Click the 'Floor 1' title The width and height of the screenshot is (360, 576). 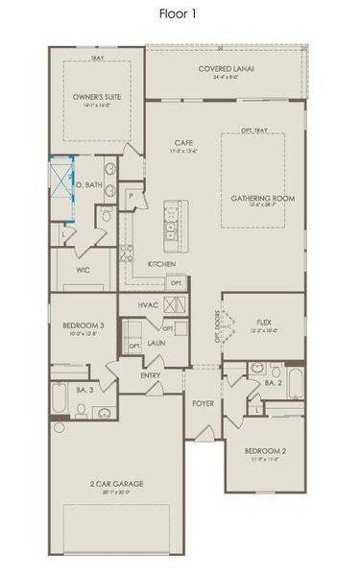click(180, 13)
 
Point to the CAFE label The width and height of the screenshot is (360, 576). click(184, 143)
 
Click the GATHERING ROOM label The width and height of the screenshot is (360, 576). click(261, 198)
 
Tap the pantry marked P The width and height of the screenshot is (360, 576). click(131, 196)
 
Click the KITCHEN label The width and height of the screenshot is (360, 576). click(159, 263)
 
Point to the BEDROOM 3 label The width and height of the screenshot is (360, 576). click(83, 326)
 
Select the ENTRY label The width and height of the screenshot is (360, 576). click(151, 374)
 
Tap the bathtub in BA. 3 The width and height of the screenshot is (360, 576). click(60, 398)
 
